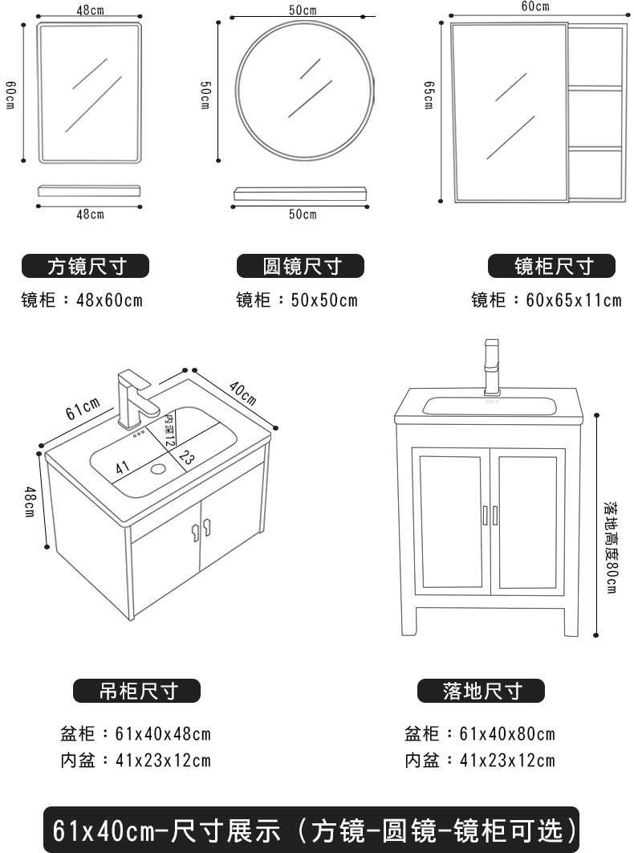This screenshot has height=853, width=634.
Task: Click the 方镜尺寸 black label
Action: [86, 266]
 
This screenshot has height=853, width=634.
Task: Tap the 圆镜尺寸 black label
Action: [301, 266]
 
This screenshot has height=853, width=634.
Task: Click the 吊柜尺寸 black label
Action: [137, 690]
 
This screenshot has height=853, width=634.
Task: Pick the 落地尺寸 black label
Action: [482, 690]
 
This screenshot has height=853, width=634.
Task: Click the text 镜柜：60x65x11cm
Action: [546, 300]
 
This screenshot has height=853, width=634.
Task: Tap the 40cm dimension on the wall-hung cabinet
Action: [242, 390]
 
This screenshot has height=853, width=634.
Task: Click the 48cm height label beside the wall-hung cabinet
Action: [29, 502]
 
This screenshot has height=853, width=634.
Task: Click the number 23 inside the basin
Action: [186, 459]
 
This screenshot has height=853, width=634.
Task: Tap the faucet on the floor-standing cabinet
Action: [491, 365]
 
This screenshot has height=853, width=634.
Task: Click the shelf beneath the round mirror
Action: [301, 194]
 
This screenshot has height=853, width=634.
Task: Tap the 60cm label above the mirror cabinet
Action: [534, 7]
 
